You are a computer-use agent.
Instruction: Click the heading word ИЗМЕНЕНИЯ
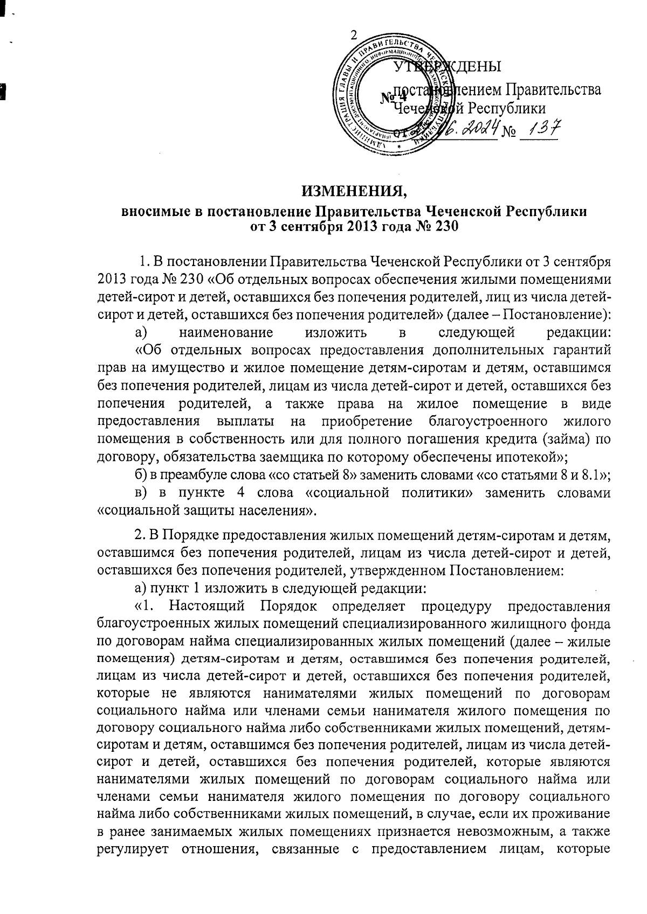(353, 191)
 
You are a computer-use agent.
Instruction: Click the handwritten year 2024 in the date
(474, 129)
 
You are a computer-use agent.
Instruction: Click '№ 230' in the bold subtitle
(436, 226)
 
